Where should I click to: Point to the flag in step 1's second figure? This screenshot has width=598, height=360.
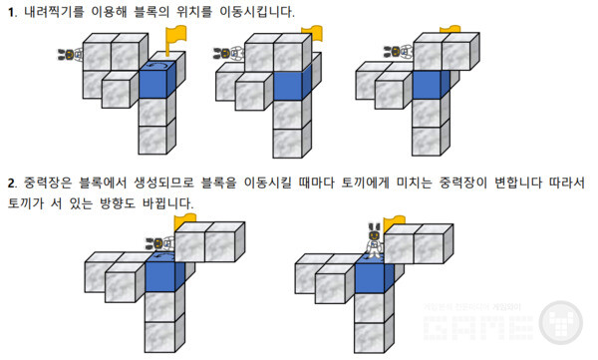pos(312,32)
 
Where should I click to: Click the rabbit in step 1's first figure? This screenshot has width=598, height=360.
pos(70,55)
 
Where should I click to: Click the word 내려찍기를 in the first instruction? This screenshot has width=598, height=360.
pos(51,10)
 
